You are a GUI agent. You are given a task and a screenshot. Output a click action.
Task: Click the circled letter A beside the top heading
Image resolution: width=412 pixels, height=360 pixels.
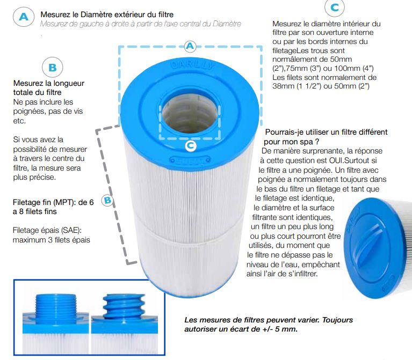point(24,17)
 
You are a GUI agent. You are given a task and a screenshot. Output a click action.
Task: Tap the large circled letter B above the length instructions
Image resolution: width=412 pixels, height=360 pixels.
point(53,68)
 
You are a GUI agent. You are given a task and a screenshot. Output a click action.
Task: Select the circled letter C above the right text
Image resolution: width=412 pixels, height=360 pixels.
point(335,8)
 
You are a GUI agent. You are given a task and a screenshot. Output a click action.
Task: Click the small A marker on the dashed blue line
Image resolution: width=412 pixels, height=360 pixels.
point(190,46)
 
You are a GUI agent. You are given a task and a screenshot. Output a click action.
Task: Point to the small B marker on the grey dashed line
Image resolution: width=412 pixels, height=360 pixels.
point(107,201)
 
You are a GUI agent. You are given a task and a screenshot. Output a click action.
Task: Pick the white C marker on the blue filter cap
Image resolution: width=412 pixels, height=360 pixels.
point(191,146)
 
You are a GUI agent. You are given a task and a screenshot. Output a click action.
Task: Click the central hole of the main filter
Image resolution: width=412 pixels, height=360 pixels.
point(190,112)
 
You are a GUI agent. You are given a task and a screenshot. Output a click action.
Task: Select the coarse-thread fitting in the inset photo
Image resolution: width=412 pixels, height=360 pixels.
point(124,306)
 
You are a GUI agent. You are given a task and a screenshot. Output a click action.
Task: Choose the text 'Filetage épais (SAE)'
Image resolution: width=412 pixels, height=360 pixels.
point(47,230)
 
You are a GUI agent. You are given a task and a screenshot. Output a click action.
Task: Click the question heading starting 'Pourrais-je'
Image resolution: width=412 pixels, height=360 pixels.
point(326,137)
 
